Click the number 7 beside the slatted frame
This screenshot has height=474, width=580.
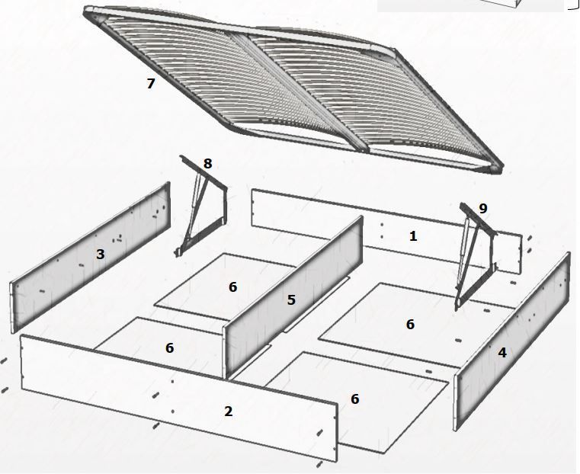(150, 84)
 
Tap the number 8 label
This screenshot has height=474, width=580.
(207, 163)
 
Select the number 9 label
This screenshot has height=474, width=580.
(483, 209)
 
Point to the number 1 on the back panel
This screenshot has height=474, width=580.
(413, 236)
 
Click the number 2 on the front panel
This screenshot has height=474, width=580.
(228, 412)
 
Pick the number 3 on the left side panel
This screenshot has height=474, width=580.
(101, 255)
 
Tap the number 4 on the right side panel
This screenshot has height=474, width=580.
(502, 353)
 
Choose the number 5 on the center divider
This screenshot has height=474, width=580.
(291, 299)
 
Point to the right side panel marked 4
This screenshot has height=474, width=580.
(512, 342)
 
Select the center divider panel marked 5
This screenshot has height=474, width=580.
(293, 298)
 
